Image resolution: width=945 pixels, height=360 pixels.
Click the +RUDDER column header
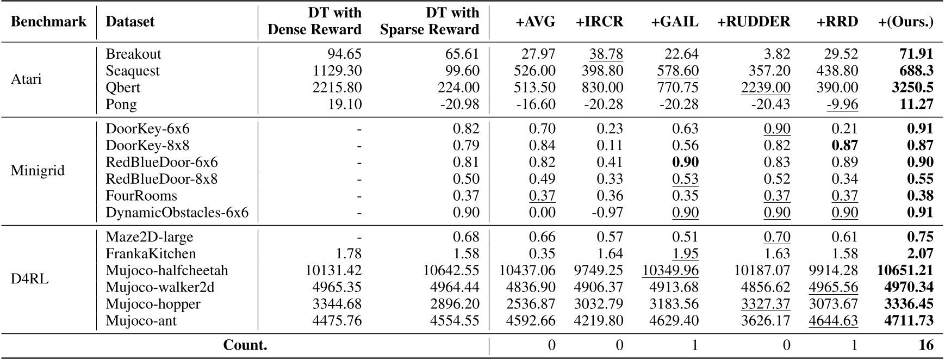pyautogui.click(x=753, y=22)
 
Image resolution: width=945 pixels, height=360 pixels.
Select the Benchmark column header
pyautogui.click(x=48, y=22)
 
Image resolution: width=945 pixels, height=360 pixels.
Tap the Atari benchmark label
pyautogui.click(x=26, y=79)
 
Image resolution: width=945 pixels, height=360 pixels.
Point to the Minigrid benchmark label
pyautogui.click(x=38, y=171)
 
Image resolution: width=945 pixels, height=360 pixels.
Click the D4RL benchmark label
pyautogui.click(x=30, y=279)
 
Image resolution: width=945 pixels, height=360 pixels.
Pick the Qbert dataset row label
pyautogui.click(x=123, y=88)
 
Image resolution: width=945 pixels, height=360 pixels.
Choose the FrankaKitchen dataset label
pyautogui.click(x=151, y=254)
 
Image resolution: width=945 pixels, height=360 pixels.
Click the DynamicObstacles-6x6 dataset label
pyautogui.click(x=177, y=213)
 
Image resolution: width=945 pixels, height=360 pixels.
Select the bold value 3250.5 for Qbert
pyautogui.click(x=912, y=88)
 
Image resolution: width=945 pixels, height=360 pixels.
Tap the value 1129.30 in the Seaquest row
pyautogui.click(x=337, y=71)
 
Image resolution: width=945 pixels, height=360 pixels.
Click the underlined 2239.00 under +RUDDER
pyautogui.click(x=766, y=88)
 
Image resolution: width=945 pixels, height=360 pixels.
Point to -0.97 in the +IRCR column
pyautogui.click(x=605, y=213)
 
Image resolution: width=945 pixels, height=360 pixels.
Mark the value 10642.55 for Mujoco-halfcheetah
pyautogui.click(x=451, y=271)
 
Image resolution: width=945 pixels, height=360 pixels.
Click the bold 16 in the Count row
pyautogui.click(x=926, y=345)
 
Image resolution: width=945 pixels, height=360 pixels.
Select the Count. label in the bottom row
pyautogui.click(x=245, y=345)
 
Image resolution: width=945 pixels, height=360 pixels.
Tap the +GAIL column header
pyautogui.click(x=674, y=22)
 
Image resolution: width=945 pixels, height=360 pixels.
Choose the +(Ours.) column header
pyautogui.click(x=905, y=22)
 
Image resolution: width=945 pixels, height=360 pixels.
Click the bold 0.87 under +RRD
pyautogui.click(x=844, y=146)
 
